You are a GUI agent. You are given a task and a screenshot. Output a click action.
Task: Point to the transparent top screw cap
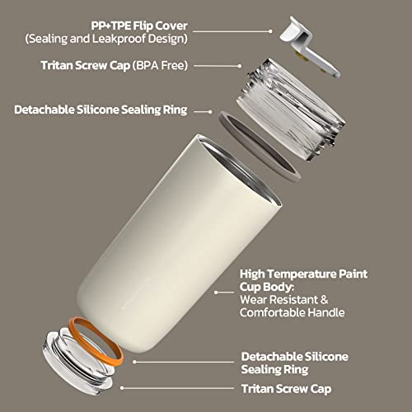click(x=291, y=110)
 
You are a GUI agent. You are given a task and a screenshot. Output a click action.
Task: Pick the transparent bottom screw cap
click(x=76, y=363)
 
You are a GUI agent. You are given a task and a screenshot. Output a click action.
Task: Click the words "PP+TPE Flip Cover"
click(x=139, y=26)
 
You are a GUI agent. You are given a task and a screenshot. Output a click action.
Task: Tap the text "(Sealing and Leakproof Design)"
click(x=106, y=39)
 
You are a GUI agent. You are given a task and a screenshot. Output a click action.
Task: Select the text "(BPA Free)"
click(x=161, y=66)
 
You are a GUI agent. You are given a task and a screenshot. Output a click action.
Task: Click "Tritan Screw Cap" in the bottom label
click(x=287, y=389)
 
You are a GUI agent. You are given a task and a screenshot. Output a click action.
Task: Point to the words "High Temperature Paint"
click(x=303, y=274)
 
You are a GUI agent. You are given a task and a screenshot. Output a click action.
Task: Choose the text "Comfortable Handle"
click(x=293, y=312)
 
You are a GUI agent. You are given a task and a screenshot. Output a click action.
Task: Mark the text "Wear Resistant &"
click(x=284, y=300)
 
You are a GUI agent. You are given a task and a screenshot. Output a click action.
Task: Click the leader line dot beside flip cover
click(x=270, y=31)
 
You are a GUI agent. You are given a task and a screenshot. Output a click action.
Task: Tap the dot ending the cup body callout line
click(x=216, y=293)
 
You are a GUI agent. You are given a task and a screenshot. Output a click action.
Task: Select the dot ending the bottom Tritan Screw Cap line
click(x=122, y=388)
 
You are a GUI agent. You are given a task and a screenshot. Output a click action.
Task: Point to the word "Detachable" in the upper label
click(x=44, y=110)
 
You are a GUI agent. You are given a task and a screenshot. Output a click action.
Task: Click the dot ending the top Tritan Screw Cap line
click(x=240, y=66)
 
